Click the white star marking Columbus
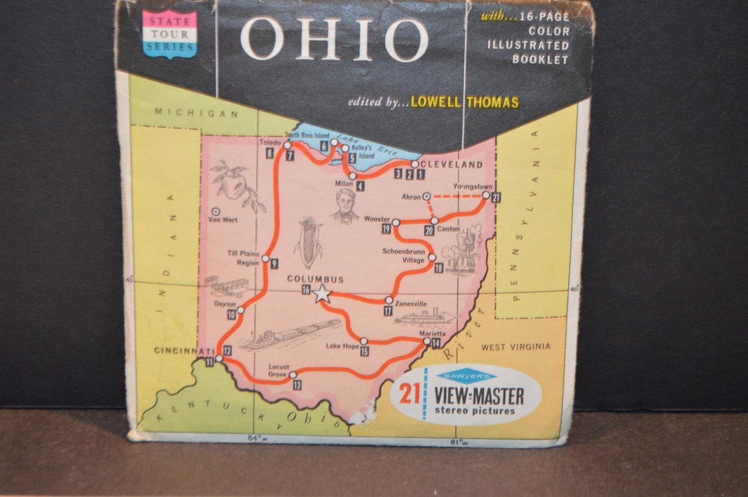[322, 293]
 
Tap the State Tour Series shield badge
[170, 33]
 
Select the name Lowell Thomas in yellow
[464, 102]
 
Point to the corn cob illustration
[308, 242]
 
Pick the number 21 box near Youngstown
[496, 197]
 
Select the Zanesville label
[411, 304]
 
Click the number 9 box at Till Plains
[274, 263]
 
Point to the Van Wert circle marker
[216, 211]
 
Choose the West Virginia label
[516, 347]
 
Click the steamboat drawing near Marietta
[423, 318]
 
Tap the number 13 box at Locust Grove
[297, 385]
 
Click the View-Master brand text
[479, 397]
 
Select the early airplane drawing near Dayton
[226, 287]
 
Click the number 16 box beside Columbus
[305, 289]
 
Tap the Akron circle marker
[427, 197]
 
